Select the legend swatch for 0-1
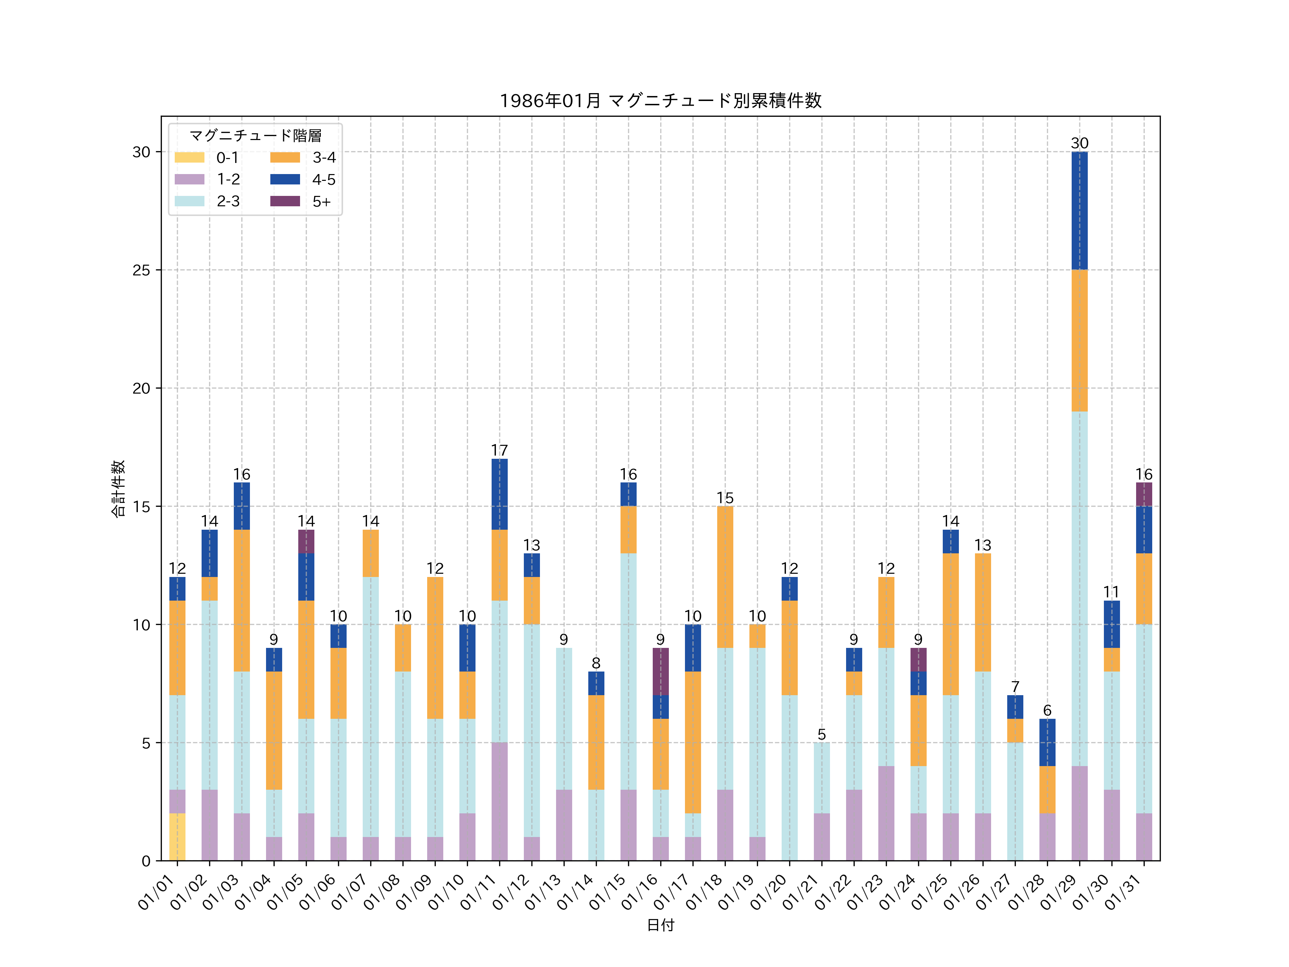point(189,157)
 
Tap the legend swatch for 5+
point(285,201)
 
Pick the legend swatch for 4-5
point(285,179)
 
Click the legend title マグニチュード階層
point(255,136)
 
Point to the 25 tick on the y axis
point(141,270)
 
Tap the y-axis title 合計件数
point(118,489)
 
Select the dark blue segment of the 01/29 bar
point(1079,211)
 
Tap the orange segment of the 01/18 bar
point(725,577)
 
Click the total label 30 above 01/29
point(1079,143)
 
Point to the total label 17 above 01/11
point(499,451)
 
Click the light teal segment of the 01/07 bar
point(371,707)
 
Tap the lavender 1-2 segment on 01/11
point(499,802)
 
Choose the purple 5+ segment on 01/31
point(1144,494)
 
